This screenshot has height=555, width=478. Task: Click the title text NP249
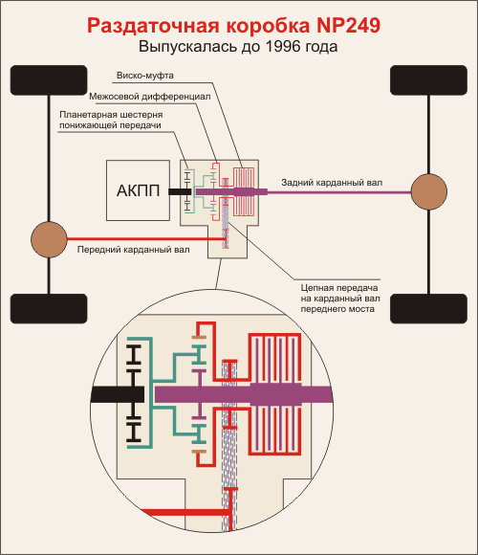(348, 25)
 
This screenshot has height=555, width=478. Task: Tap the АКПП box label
(138, 190)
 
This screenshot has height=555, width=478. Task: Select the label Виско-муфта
(145, 76)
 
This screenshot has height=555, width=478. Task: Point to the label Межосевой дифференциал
(149, 97)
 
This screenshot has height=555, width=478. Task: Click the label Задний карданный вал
(332, 183)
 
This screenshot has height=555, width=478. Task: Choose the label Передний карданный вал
(133, 250)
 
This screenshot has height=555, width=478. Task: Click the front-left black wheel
(49, 80)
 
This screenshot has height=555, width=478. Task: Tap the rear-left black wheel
(49, 309)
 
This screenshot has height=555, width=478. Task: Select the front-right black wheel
(428, 80)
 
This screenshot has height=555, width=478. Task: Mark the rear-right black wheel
(428, 309)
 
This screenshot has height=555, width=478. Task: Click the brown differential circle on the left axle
(49, 239)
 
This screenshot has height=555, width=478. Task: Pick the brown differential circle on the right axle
(429, 191)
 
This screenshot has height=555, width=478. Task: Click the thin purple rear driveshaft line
(339, 192)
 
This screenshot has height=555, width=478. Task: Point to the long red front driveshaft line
(145, 239)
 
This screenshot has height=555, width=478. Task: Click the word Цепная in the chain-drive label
(316, 288)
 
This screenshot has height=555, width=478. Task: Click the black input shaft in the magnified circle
(118, 394)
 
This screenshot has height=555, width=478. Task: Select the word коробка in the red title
(268, 26)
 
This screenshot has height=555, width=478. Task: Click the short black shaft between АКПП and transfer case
(180, 191)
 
